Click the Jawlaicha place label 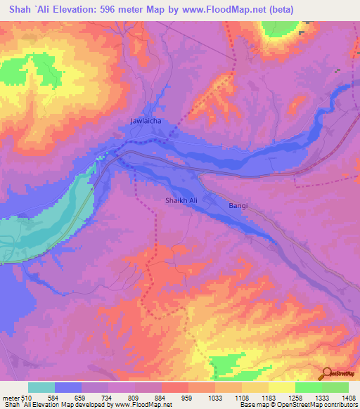click(146, 121)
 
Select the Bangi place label click(238, 206)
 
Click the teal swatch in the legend click(41, 387)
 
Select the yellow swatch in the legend click(281, 387)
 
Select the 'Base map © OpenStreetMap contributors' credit click(297, 405)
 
